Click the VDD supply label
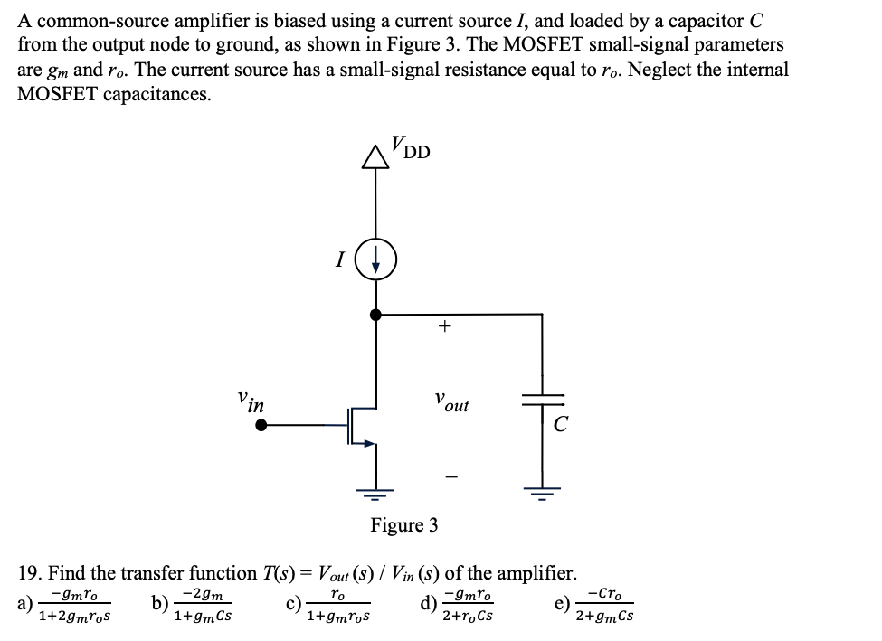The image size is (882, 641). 412,147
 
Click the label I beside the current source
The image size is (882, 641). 339,261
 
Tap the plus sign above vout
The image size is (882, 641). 443,328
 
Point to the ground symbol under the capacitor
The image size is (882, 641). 544,494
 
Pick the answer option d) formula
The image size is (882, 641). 467,606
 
